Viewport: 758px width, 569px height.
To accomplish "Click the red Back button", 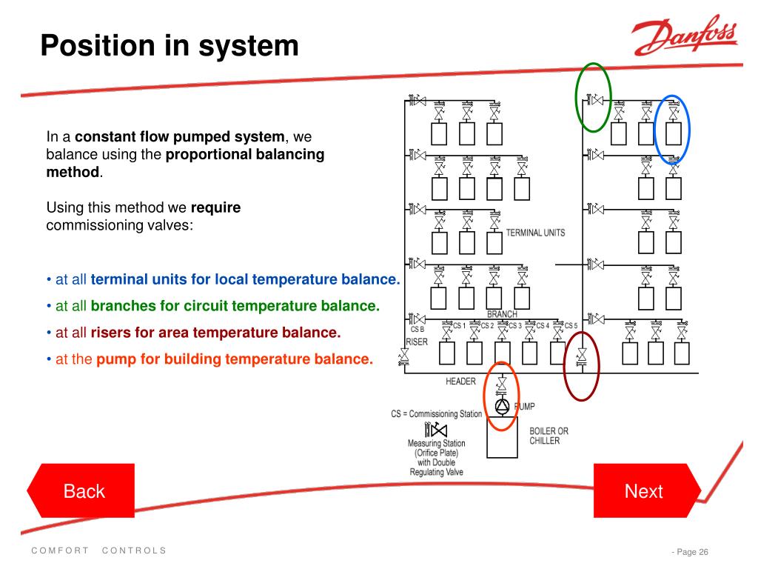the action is [81, 490].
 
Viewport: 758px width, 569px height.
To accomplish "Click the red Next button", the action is [647, 490].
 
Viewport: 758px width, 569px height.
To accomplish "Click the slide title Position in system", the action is [170, 46].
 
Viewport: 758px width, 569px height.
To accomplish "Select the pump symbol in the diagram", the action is [503, 405].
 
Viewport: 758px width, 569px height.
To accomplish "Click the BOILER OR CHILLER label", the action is [549, 436].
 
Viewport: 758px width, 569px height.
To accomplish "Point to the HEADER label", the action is [460, 382].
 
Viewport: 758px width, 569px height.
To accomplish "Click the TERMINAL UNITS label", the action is [535, 233].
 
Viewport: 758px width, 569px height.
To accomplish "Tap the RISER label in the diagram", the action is [417, 342].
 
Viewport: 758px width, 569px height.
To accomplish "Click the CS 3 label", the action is [515, 326].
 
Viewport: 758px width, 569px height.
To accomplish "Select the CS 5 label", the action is [571, 326].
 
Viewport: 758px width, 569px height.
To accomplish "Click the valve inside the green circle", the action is [595, 100].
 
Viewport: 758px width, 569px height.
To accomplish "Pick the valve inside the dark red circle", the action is [582, 357].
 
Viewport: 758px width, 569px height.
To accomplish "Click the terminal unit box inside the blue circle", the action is [674, 133].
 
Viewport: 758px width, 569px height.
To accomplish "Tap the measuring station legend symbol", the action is [435, 430].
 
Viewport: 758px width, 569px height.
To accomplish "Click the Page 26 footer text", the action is [692, 551].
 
